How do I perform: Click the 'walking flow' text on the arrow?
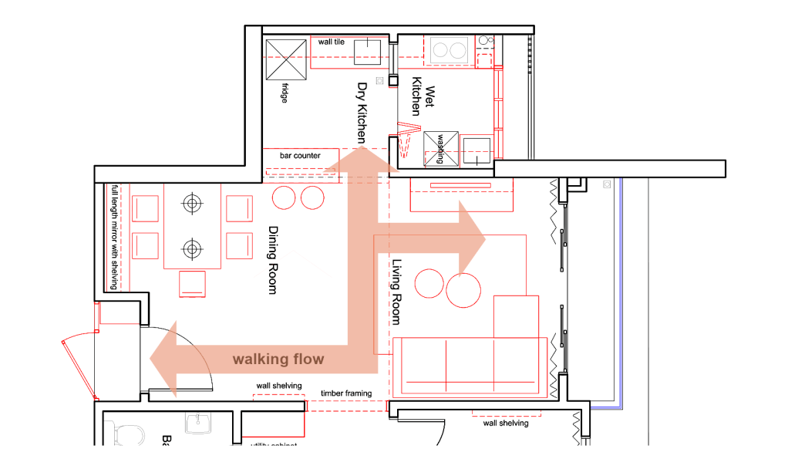click(278, 360)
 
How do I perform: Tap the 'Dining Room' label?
click(272, 260)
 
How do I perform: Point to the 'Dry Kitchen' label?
click(361, 113)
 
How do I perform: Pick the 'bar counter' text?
click(300, 156)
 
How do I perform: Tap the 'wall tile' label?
click(332, 42)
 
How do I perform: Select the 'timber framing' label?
click(346, 393)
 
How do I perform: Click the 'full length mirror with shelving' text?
click(115, 237)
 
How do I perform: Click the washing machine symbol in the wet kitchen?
click(441, 149)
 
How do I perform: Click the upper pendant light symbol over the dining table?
click(191, 204)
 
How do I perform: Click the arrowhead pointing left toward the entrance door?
click(163, 359)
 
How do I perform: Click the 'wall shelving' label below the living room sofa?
click(505, 423)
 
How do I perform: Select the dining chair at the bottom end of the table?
click(193, 283)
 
